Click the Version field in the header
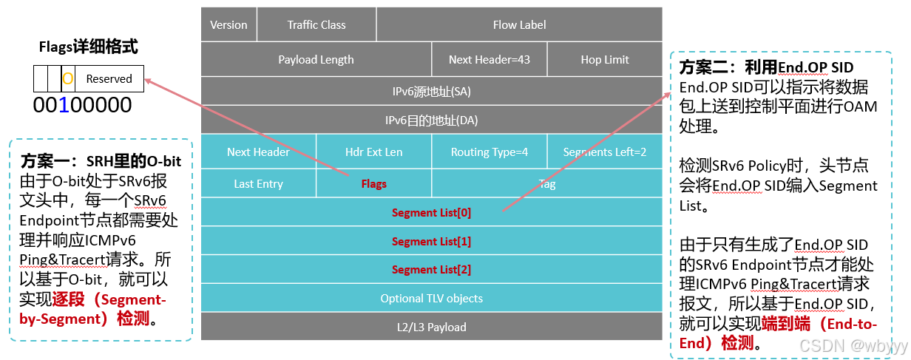tap(228, 24)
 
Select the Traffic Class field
tap(316, 24)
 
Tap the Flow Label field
tap(519, 24)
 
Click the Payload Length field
tap(316, 60)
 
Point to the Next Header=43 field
tap(490, 60)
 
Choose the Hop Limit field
tap(605, 60)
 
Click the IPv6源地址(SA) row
tap(431, 92)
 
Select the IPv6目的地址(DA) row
tap(431, 120)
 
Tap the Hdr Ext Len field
tap(373, 152)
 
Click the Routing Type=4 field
tap(490, 152)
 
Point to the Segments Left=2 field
tap(605, 152)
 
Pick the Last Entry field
tap(258, 183)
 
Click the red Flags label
tap(373, 183)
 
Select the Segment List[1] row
tap(431, 241)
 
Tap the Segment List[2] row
tap(431, 269)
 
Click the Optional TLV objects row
tap(431, 298)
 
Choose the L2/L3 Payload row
tap(431, 327)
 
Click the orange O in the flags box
tap(67, 78)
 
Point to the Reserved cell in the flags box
tap(109, 78)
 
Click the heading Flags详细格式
tap(88, 47)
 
